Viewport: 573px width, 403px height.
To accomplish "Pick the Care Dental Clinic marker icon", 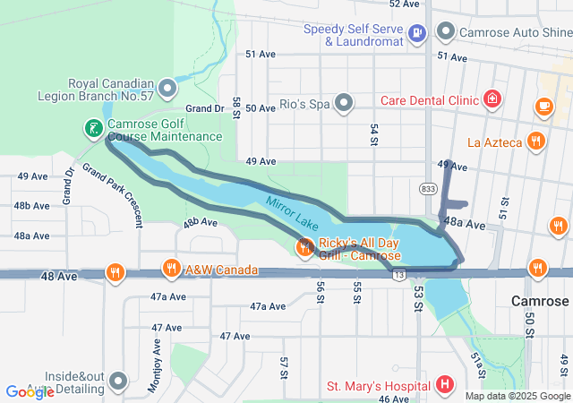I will pos(492,99).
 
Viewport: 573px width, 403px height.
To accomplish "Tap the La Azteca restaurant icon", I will pos(535,141).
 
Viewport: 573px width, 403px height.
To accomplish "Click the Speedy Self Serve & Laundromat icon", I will pos(416,34).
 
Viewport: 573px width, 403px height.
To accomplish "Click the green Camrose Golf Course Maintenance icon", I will pos(93,129).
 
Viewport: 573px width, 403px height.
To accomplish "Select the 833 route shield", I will pos(428,188).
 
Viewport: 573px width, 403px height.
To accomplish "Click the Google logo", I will pos(30,391).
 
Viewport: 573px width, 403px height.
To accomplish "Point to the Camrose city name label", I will pos(540,301).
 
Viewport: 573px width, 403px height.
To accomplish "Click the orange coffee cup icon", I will pos(543,106).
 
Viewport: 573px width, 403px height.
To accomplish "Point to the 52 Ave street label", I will pos(405,4).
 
